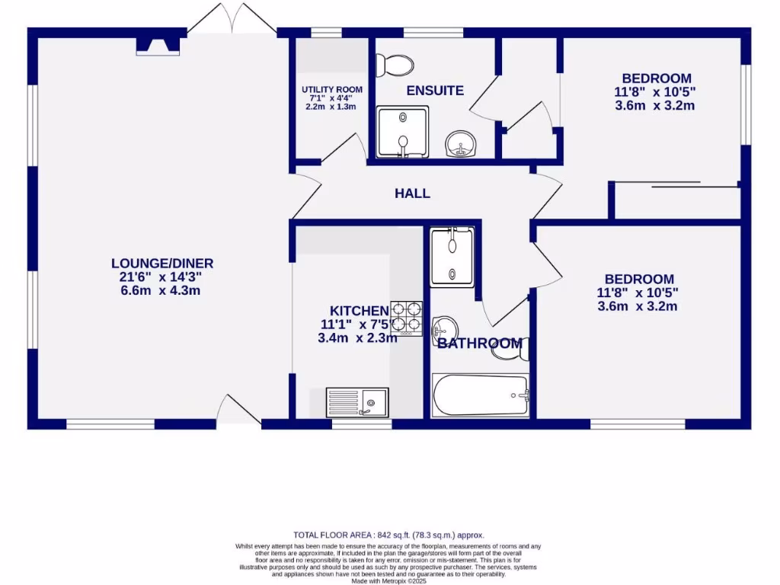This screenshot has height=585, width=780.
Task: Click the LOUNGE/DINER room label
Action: [162, 264]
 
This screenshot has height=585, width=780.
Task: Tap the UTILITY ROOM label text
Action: [331, 89]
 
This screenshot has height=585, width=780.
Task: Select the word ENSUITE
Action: [435, 91]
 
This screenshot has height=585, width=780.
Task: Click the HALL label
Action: [412, 193]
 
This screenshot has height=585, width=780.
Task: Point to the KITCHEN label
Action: [359, 311]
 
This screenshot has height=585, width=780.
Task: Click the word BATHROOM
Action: [480, 344]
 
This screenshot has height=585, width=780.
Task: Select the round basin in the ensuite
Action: [461, 143]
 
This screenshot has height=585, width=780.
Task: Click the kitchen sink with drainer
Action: [358, 401]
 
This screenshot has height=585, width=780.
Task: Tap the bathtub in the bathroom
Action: [481, 395]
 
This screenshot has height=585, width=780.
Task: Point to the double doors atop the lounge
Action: [232, 19]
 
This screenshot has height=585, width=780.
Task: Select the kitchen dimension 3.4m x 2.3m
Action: [357, 337]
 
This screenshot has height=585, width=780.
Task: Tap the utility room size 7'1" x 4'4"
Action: [331, 98]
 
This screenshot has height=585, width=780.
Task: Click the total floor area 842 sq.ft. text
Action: [388, 535]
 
